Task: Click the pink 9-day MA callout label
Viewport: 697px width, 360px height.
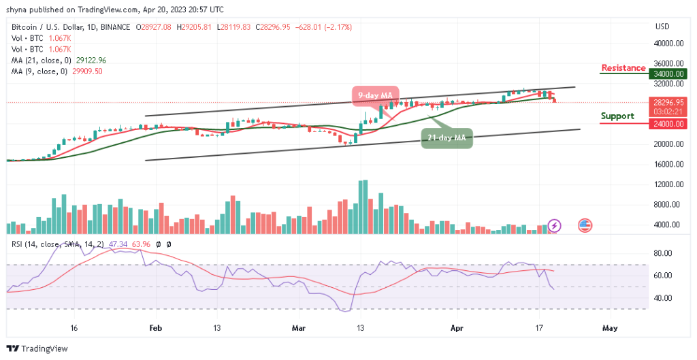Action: pyautogui.click(x=375, y=96)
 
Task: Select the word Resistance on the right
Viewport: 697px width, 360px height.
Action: pyautogui.click(x=623, y=68)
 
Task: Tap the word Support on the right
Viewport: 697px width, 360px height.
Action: pyautogui.click(x=617, y=116)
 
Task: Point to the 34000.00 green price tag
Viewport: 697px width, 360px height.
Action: pyautogui.click(x=668, y=73)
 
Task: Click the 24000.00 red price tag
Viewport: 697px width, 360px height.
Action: pyautogui.click(x=668, y=124)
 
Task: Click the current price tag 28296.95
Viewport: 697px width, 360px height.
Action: pyautogui.click(x=668, y=103)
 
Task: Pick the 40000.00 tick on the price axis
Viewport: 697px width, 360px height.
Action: pyautogui.click(x=668, y=44)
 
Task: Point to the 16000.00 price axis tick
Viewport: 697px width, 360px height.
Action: pyautogui.click(x=668, y=164)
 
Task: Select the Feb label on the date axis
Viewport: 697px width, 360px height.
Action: pyautogui.click(x=156, y=327)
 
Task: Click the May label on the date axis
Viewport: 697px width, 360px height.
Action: pyautogui.click(x=610, y=327)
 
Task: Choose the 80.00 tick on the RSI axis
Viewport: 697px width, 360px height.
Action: pyautogui.click(x=664, y=253)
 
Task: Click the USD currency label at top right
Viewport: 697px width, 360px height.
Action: pyautogui.click(x=662, y=27)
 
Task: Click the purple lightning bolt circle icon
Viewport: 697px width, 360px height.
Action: pyautogui.click(x=555, y=225)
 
